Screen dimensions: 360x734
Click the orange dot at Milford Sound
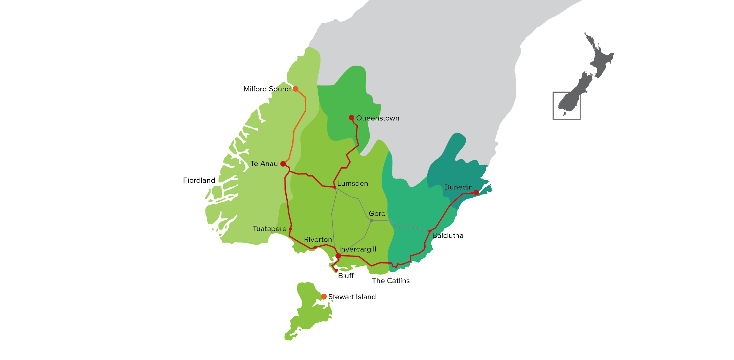[296, 89]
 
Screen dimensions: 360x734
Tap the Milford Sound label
[267, 89]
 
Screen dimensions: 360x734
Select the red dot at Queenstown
[352, 118]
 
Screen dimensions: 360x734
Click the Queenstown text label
[378, 118]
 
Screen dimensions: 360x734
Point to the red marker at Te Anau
[283, 164]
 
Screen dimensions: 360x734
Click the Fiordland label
[199, 180]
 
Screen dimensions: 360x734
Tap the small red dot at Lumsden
[335, 187]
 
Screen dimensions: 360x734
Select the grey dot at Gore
[371, 220]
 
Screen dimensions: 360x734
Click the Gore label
[377, 214]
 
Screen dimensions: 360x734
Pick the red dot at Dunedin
[476, 192]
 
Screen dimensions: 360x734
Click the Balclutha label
[448, 236]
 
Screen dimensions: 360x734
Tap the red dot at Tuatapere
[290, 229]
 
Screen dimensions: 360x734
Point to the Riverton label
[318, 240]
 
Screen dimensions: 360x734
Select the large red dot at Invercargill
[338, 256]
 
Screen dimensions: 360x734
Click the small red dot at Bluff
[336, 270]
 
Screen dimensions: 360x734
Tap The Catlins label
[391, 281]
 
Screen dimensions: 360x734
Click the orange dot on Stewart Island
[324, 296]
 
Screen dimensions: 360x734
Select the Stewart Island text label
[352, 297]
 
